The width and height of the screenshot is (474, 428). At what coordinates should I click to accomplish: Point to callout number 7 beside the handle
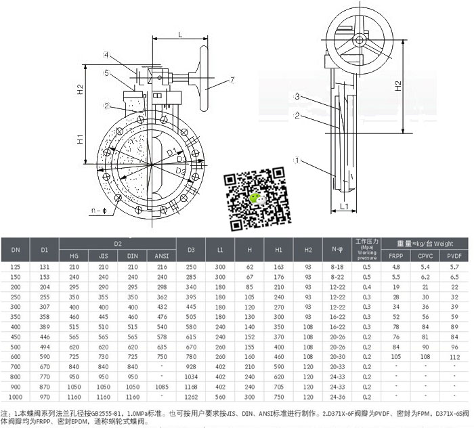tap(232, 80)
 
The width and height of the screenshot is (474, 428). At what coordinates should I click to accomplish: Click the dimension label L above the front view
tap(180, 33)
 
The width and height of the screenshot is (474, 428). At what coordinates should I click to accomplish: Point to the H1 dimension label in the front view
tap(80, 140)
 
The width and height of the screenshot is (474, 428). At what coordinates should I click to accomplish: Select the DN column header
tap(16, 250)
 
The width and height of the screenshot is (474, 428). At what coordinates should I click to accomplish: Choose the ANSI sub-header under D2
tap(161, 256)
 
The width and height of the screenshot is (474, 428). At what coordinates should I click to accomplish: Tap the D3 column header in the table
tap(191, 250)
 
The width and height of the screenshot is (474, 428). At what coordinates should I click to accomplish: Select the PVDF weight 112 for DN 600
tap(455, 356)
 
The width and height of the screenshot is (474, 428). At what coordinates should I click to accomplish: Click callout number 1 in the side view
tap(296, 160)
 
